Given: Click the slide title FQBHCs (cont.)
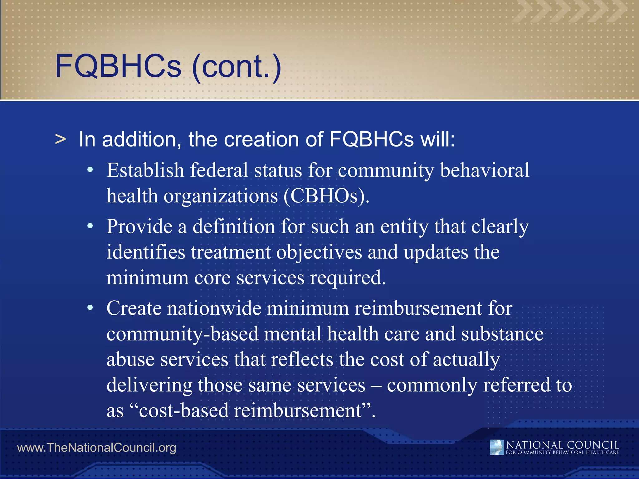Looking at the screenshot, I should point(168,66).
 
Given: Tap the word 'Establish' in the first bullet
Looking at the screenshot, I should point(145,171).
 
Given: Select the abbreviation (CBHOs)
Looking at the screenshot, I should point(326,196).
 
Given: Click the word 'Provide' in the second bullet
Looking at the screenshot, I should point(139,227).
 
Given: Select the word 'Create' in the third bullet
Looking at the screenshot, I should point(134,309).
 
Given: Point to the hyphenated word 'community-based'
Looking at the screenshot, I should point(183,334).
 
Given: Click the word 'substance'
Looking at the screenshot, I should point(502,334).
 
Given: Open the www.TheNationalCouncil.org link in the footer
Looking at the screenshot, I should point(97,448).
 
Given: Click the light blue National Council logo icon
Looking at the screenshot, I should point(496,447).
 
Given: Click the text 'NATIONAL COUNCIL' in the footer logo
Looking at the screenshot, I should point(562,445).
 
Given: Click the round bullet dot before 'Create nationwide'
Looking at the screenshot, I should point(90,308).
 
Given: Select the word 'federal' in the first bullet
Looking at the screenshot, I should point(219,171).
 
